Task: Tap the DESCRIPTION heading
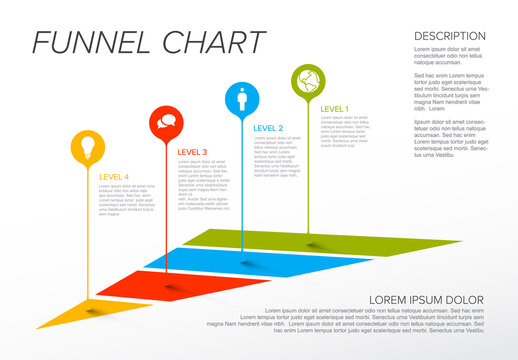coord(450,36)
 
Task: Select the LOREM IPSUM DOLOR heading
coord(426,299)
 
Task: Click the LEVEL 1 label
coord(335,108)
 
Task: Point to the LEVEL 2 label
coord(268,128)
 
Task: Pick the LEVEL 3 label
coord(192,152)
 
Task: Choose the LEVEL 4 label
coord(114,177)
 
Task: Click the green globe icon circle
coord(307,79)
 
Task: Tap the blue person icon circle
coord(241,98)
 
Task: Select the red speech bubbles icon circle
coord(166,123)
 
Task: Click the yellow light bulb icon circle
coord(87,147)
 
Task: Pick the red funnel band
coord(160,285)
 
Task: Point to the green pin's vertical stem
coord(307,170)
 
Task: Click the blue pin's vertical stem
coord(241,190)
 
